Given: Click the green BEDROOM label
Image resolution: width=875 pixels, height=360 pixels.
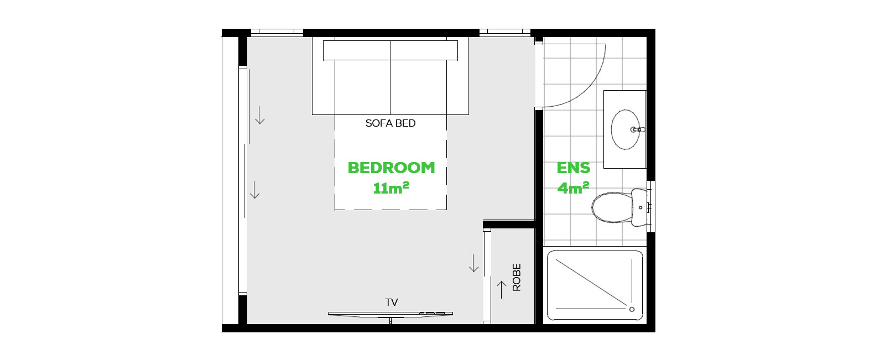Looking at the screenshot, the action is (x=391, y=168).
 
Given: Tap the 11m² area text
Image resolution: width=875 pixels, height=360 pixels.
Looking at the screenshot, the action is (x=391, y=188).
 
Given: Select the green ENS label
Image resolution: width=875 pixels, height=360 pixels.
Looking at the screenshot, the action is (x=574, y=168).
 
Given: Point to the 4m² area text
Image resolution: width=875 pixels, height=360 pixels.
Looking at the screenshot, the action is (x=574, y=188).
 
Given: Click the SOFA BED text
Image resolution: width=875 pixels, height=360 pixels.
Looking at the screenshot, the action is (x=390, y=123).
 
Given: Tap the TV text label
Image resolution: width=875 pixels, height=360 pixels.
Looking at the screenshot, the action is (x=392, y=302).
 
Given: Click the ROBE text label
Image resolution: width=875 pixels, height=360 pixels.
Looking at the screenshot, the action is (x=517, y=277).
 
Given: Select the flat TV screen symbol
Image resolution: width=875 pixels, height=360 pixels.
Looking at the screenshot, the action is (x=390, y=314).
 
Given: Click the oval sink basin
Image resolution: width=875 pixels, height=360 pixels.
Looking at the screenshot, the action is (x=626, y=129).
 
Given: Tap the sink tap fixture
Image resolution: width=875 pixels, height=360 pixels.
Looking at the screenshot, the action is (x=638, y=129).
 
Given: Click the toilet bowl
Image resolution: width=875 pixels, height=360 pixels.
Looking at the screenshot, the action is (x=612, y=207).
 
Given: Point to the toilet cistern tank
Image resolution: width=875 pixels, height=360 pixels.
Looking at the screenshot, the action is (x=639, y=207).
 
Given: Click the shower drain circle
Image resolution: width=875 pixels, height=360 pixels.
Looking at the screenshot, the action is (x=632, y=310).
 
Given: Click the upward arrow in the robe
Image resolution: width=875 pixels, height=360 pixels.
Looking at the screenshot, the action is (x=502, y=290).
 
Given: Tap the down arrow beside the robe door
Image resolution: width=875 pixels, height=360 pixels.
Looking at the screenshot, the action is (x=473, y=263).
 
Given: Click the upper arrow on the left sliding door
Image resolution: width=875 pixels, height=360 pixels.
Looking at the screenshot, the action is (x=260, y=115).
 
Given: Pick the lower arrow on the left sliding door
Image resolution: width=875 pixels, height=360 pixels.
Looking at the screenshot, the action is (x=254, y=190).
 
